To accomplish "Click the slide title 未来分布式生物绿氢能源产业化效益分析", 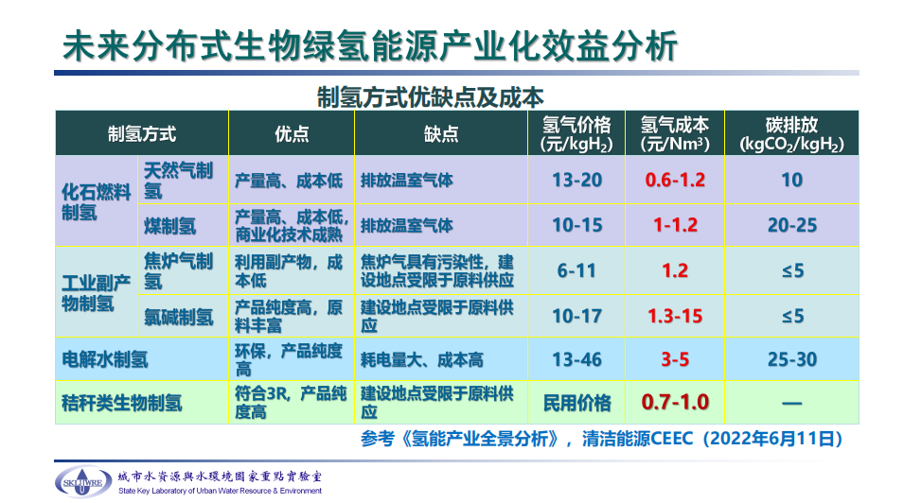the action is pyautogui.click(x=369, y=45).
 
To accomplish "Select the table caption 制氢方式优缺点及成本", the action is pyautogui.click(x=430, y=97).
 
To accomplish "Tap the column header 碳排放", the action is pyautogui.click(x=791, y=125).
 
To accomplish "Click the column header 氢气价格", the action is pyautogui.click(x=576, y=125).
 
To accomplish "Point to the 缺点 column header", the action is pyautogui.click(x=441, y=134).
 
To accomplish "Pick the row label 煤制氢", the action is pyautogui.click(x=170, y=226).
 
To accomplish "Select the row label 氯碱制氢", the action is pyautogui.click(x=179, y=317).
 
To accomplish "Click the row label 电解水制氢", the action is pyautogui.click(x=105, y=359).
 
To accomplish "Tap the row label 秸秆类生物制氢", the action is pyautogui.click(x=122, y=403).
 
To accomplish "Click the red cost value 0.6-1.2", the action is pyautogui.click(x=675, y=181).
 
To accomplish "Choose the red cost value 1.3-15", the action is pyautogui.click(x=675, y=317).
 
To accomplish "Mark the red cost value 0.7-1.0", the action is pyautogui.click(x=675, y=402).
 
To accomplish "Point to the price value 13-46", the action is pyautogui.click(x=577, y=359).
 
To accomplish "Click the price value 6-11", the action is pyautogui.click(x=576, y=270).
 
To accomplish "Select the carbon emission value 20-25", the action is pyautogui.click(x=792, y=225).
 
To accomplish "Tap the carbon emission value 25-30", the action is pyautogui.click(x=792, y=359).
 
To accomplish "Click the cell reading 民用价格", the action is pyautogui.click(x=577, y=403).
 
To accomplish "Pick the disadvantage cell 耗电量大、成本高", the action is pyautogui.click(x=422, y=360).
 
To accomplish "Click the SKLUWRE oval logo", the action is pyautogui.click(x=83, y=481).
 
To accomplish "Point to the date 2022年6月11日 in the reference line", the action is pyautogui.click(x=772, y=439).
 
